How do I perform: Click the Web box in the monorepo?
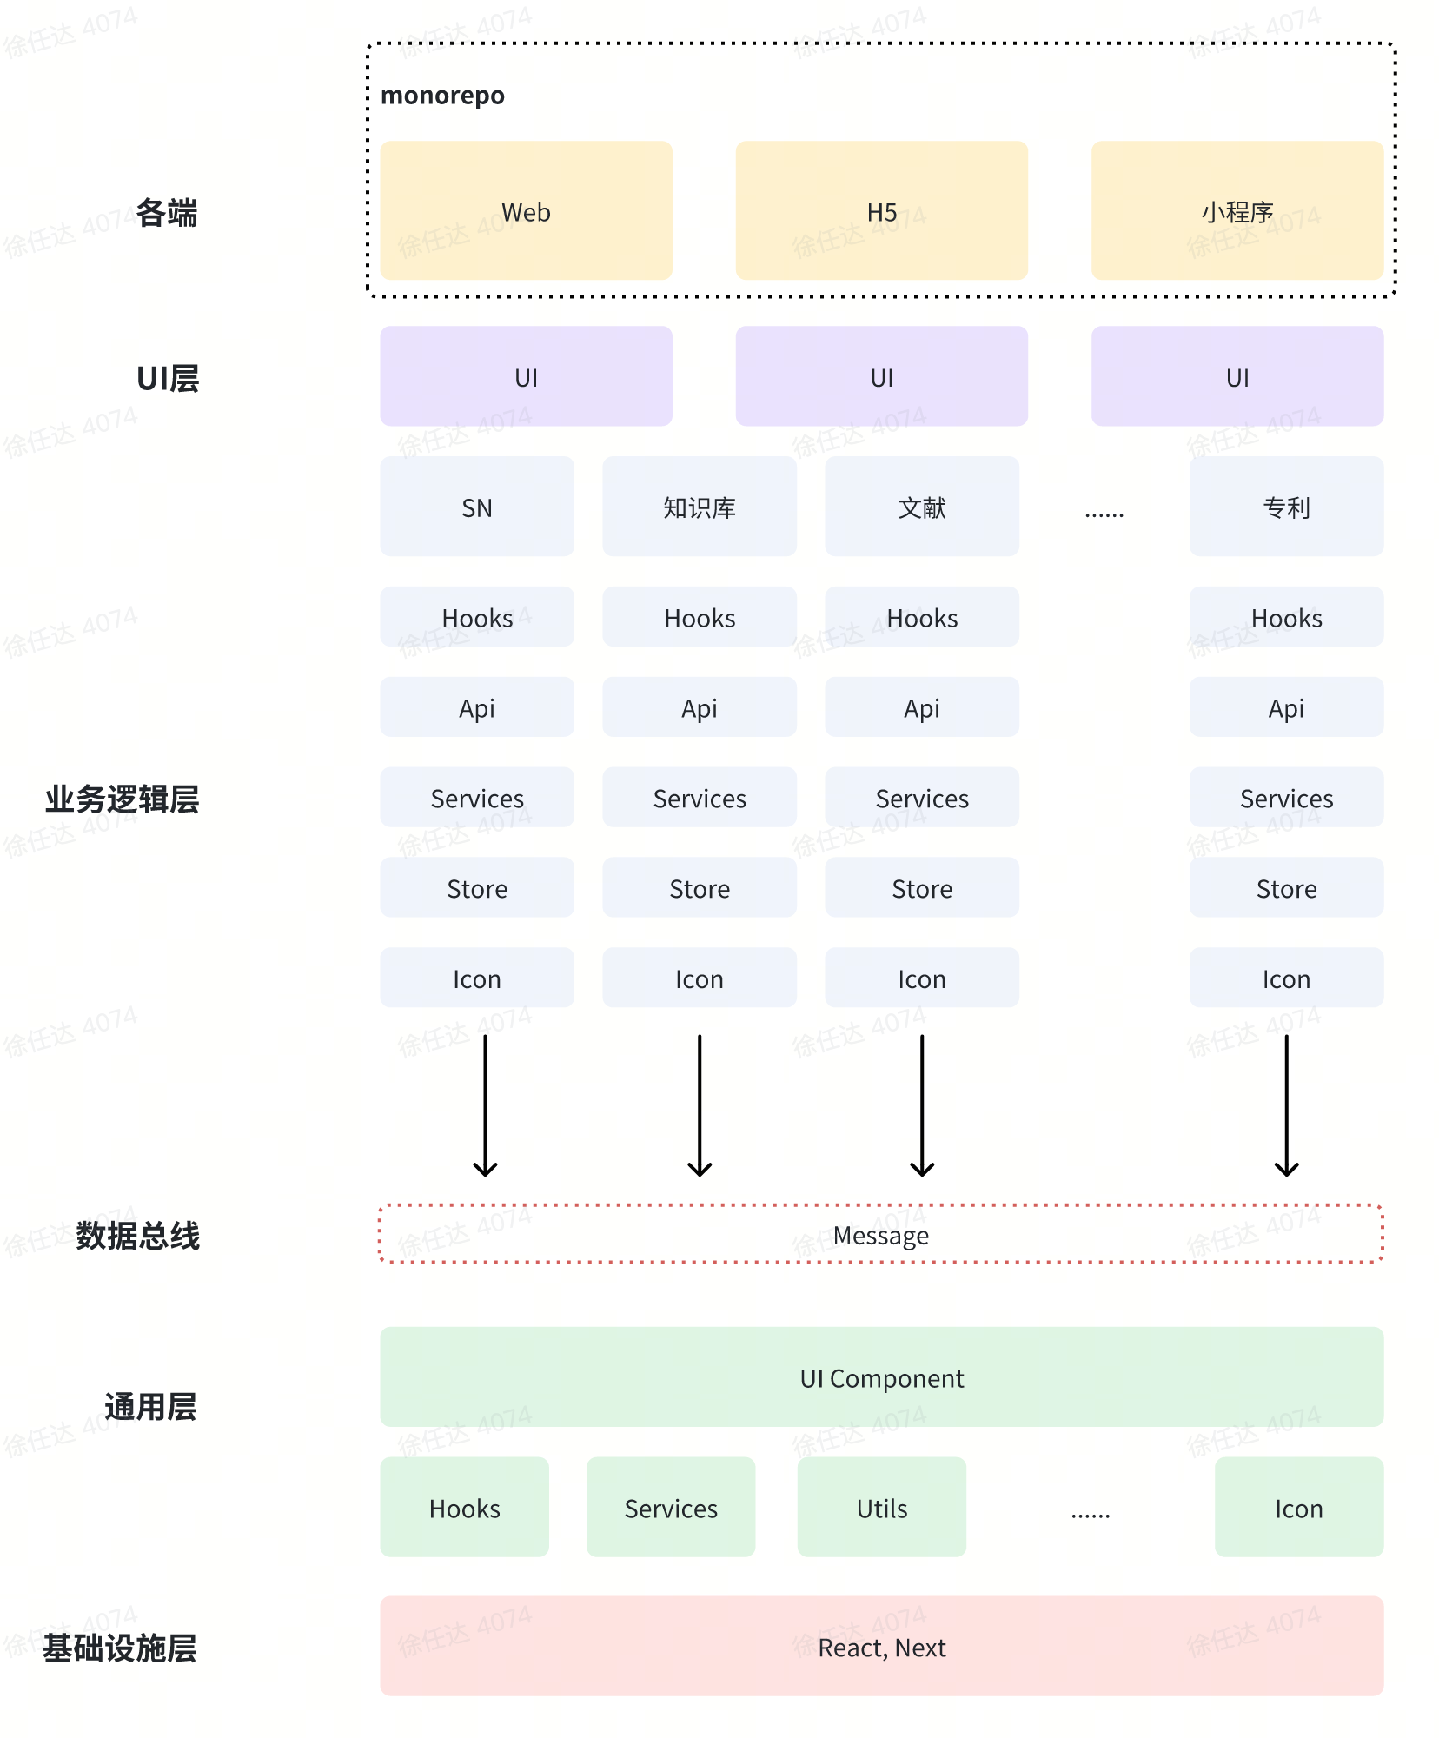(x=526, y=211)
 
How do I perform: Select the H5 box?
(x=881, y=211)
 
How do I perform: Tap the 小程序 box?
(x=1237, y=211)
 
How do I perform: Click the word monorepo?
(x=442, y=95)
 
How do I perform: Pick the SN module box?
(x=476, y=507)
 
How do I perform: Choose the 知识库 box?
(x=699, y=507)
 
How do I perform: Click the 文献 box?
(x=921, y=507)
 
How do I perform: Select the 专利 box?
(x=1286, y=507)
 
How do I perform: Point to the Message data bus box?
(x=881, y=1234)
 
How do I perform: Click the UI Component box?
(x=881, y=1377)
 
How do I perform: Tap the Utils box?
(x=881, y=1508)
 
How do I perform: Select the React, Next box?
(x=881, y=1647)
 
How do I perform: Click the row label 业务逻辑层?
(x=122, y=799)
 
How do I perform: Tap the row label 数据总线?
(x=137, y=1235)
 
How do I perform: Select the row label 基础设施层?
(x=120, y=1648)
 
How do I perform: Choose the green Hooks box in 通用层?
(x=464, y=1508)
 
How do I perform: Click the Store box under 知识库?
(x=699, y=888)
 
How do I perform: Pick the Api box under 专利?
(x=1286, y=707)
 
